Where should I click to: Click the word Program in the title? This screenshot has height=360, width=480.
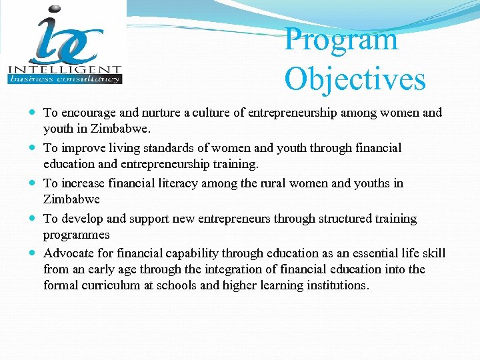pos(341,40)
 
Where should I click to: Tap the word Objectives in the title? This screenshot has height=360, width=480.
pos(355,79)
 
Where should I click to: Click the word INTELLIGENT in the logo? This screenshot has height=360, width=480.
pos(65,69)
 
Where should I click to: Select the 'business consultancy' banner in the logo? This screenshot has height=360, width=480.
pos(65,79)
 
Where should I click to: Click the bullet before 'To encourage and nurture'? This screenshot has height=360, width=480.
pos(33,113)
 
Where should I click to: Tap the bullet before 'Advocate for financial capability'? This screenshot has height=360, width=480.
pos(33,254)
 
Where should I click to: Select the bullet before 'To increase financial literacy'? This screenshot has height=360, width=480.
pos(33,183)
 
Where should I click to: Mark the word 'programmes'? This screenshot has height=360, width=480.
pos(76,235)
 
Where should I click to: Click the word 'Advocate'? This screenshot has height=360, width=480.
pos(69,253)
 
